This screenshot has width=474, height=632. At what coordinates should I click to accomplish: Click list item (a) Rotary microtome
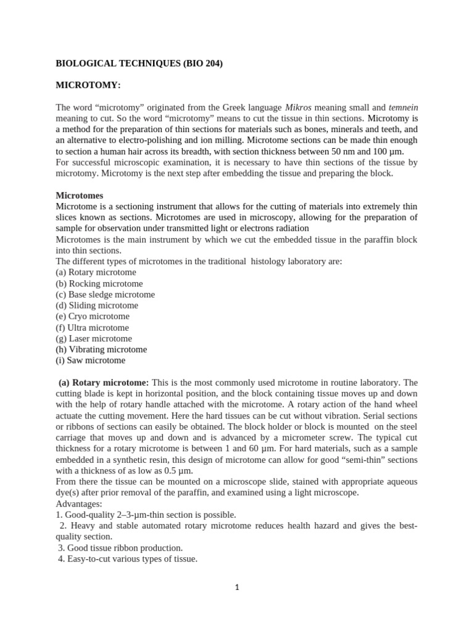96,272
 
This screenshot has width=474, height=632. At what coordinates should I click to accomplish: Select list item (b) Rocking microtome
99,283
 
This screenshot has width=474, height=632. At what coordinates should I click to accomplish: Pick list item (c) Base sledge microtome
105,294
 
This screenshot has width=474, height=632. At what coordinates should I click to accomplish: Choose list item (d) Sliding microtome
97,306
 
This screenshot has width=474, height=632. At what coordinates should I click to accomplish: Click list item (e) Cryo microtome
93,317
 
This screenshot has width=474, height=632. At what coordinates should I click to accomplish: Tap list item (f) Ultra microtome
92,328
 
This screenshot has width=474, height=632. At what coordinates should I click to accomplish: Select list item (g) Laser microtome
94,338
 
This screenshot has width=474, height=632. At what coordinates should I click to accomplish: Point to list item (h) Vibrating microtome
101,349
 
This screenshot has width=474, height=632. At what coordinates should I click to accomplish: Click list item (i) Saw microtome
90,360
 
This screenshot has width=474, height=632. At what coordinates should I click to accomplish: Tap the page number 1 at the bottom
237,588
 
